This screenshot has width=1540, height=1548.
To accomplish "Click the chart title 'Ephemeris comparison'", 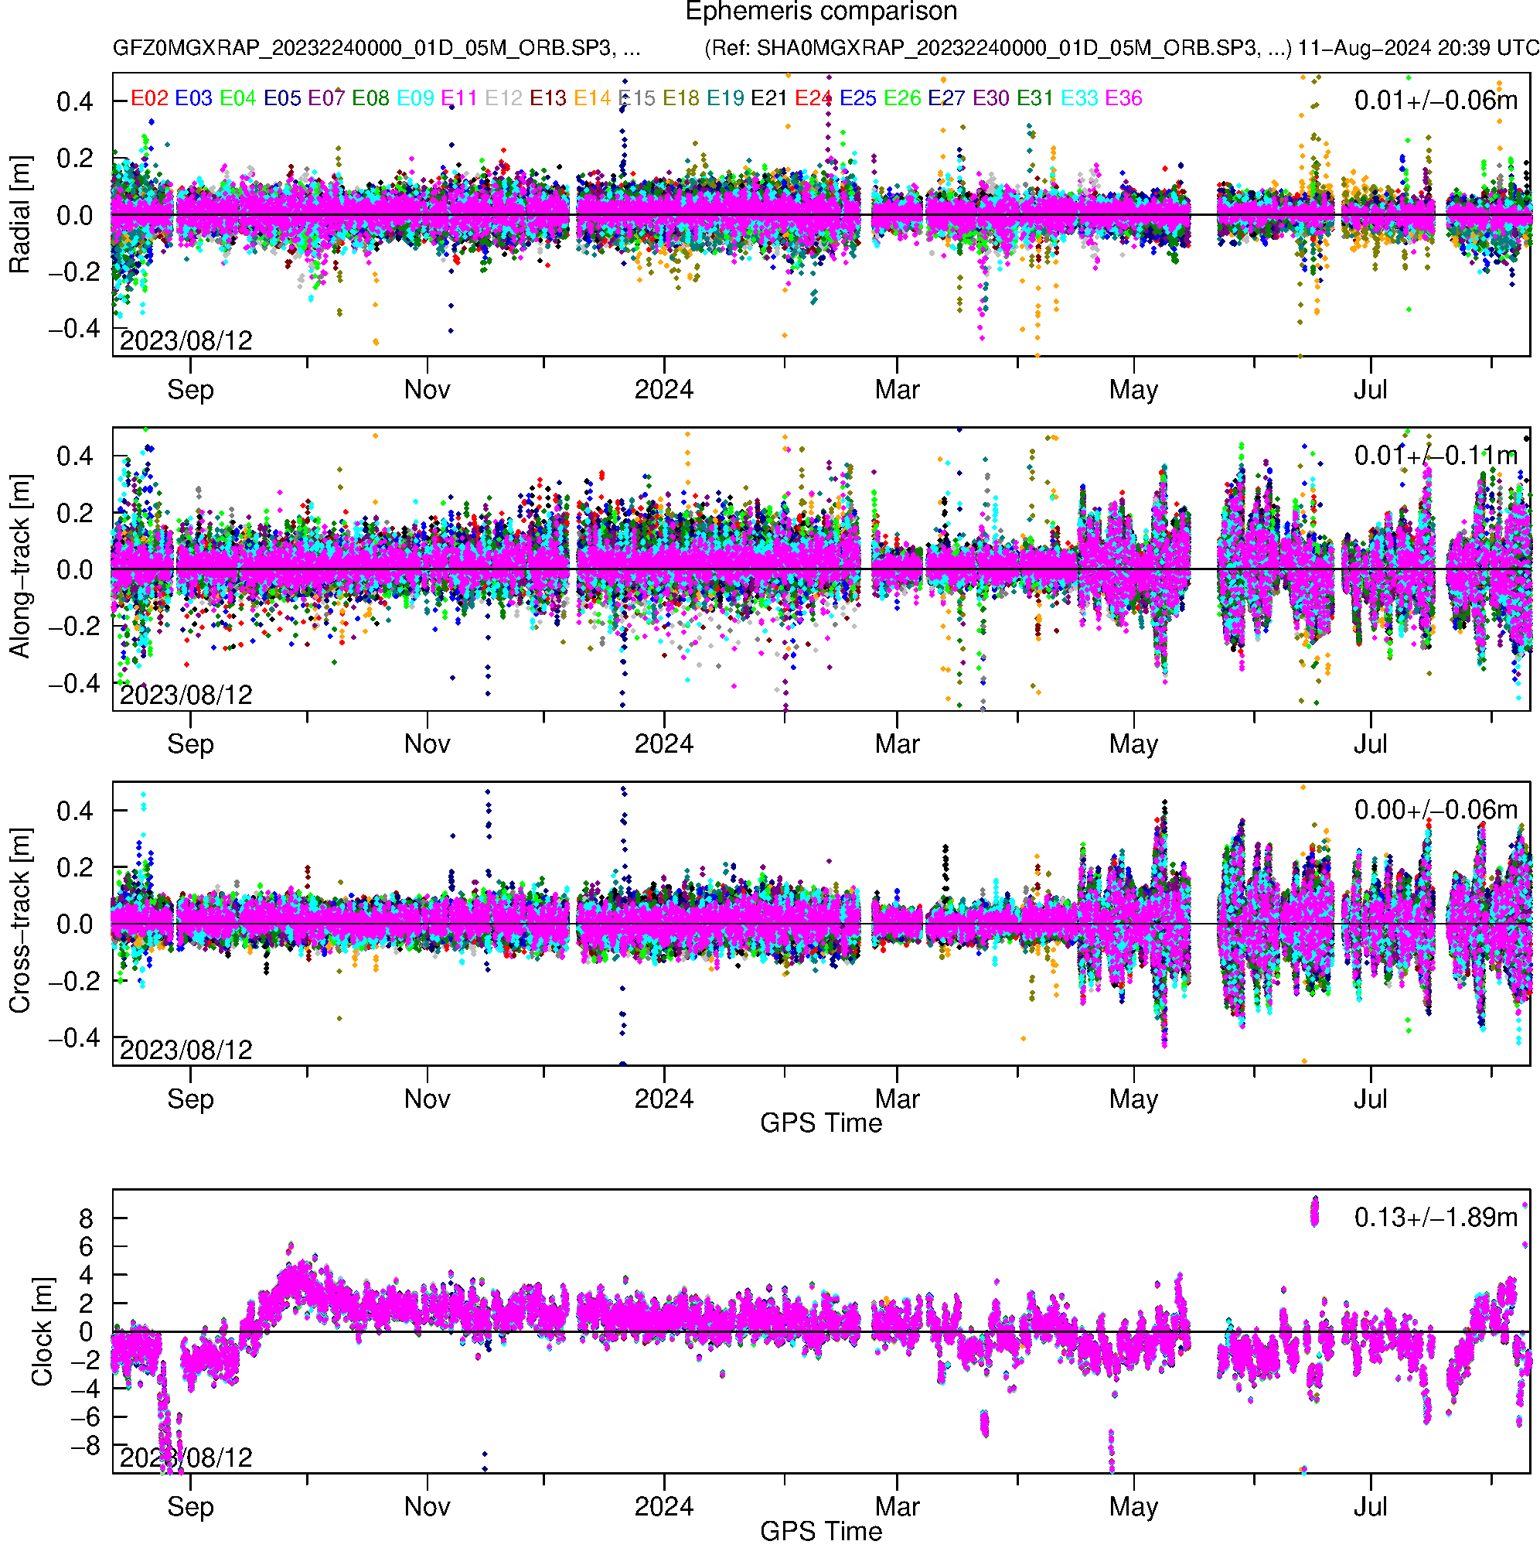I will coord(821,12).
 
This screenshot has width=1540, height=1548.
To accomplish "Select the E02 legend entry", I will coord(149,98).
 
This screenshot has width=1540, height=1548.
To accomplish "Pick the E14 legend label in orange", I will coord(592,98).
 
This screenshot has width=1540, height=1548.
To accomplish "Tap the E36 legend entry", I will coord(1123,98).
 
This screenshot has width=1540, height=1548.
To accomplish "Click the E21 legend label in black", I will coord(768,98).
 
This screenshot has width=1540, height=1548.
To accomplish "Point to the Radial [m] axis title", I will coord(19,215).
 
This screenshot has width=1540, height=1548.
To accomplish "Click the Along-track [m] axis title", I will coord(19,567).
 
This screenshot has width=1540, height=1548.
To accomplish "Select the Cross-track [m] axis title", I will coord(19,921).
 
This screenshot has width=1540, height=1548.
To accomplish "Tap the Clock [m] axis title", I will coord(42,1331).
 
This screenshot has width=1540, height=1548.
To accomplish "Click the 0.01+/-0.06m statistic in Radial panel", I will coord(1435,101).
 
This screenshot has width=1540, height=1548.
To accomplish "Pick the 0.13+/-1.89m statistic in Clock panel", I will coord(1435,1218).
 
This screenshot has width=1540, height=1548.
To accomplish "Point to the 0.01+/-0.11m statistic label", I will coord(1435,456).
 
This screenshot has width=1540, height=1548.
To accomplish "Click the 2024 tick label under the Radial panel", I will coord(663,390).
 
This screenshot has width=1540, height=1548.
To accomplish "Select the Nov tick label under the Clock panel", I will coord(427,1506).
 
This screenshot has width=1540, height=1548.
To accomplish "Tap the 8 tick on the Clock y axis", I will coord(86,1219).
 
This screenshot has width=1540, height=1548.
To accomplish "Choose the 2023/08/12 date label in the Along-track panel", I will coord(186,695).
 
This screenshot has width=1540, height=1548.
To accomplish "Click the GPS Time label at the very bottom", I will coord(821,1531).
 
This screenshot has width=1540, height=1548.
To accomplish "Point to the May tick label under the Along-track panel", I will coord(1133,744).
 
